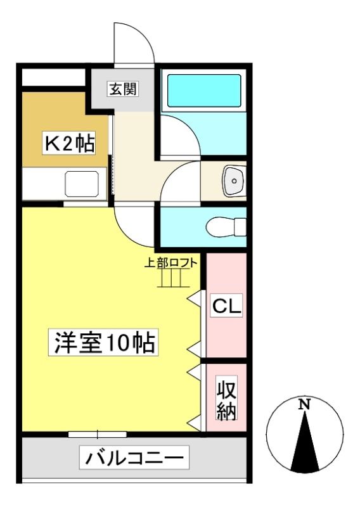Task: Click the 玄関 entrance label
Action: (123, 89)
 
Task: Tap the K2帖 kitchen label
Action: (69, 143)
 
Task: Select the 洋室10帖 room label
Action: (103, 342)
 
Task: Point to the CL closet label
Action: (227, 305)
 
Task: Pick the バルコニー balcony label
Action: (134, 458)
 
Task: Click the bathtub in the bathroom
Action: (204, 91)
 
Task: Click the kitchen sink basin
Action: (82, 184)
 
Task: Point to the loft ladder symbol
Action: (174, 278)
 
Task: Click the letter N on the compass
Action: (304, 404)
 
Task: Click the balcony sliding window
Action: (98, 434)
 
